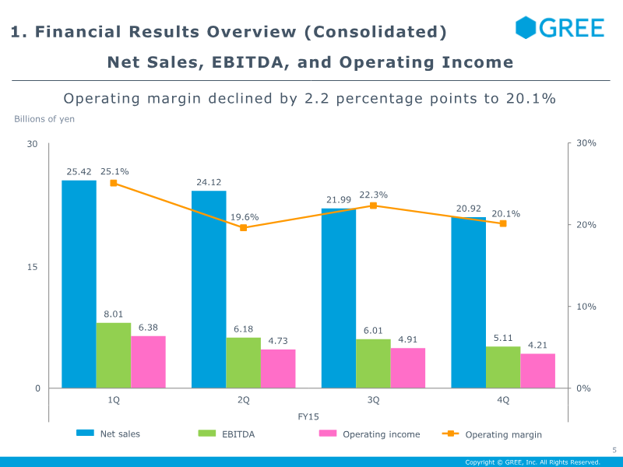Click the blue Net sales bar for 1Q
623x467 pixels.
coord(79,284)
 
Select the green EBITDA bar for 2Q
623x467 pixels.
coord(244,363)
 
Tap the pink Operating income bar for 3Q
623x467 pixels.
coord(408,367)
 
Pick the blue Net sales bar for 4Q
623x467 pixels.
coord(469,303)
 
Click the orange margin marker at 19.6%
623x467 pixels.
coord(244,227)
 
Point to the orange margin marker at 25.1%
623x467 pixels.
coord(114,183)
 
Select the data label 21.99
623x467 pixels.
coord(339,200)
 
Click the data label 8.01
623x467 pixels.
coord(114,314)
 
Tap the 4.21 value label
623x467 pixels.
coord(537,345)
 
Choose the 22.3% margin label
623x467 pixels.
coord(374,195)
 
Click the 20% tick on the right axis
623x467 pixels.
coord(586,225)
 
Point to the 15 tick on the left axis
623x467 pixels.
coord(32,267)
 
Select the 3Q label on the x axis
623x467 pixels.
coord(374,400)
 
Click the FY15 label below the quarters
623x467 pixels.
coord(308,416)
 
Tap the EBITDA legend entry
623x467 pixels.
coord(227,434)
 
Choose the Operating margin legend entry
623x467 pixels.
coord(492,434)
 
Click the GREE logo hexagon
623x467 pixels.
coord(526,27)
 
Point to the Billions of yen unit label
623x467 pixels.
coord(44,119)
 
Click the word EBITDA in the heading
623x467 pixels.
coord(248,62)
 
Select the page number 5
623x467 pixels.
coord(614,450)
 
